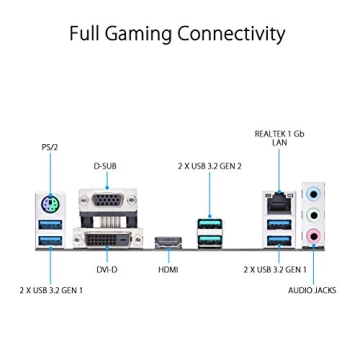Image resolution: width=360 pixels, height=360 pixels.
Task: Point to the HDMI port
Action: click(165, 240)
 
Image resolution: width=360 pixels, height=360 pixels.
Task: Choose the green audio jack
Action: click(313, 215)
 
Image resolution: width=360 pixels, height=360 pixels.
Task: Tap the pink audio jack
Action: click(313, 236)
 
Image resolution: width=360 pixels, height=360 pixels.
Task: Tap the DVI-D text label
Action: click(106, 269)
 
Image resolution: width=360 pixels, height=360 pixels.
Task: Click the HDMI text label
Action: click(166, 269)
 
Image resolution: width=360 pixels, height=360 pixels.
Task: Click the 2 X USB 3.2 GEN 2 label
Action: click(210, 165)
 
